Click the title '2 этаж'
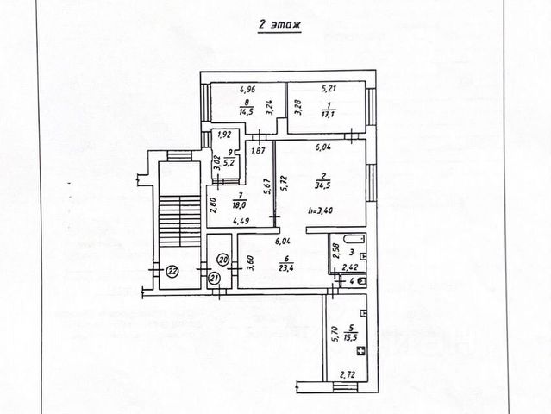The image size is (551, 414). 279,27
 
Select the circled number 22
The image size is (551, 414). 172,271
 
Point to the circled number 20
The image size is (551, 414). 222,259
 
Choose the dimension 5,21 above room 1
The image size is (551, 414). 329,89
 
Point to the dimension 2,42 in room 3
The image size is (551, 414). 350,268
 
